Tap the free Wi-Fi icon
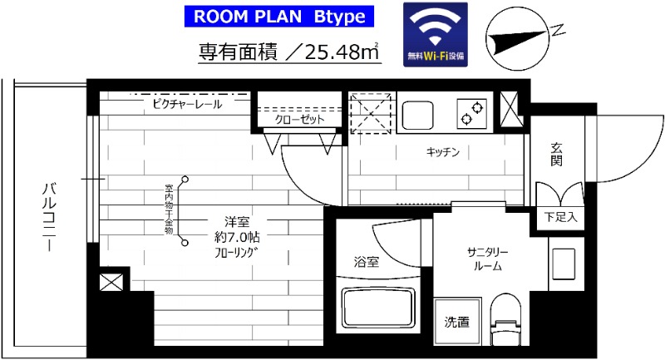pos(436,35)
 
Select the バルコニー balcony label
pos(48,219)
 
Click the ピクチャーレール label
pos(187,106)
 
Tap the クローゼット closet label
pos(299,120)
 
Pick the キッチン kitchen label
pos(443,152)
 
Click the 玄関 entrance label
pos(556,155)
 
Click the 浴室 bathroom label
pos(367,262)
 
